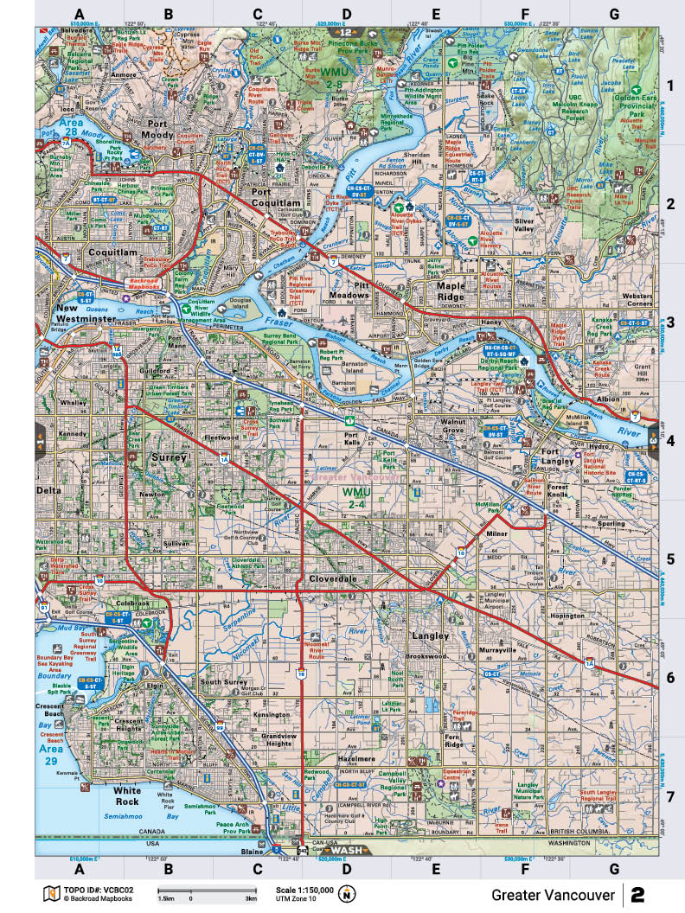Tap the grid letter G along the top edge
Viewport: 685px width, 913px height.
(x=613, y=13)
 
